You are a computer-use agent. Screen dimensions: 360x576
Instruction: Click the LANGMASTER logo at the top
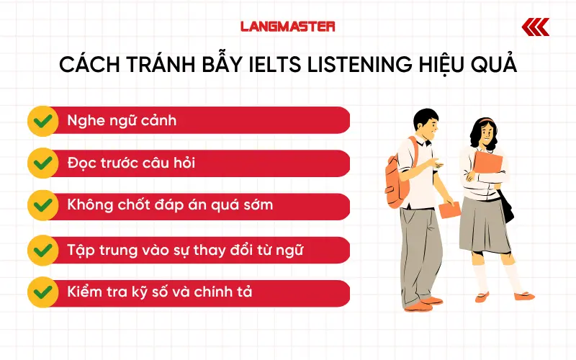(x=287, y=27)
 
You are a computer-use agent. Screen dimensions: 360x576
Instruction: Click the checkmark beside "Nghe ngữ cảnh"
(x=42, y=120)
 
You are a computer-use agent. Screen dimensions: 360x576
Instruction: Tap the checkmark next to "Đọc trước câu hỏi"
(x=42, y=163)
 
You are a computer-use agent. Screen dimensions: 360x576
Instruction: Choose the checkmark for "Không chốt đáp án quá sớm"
(x=42, y=207)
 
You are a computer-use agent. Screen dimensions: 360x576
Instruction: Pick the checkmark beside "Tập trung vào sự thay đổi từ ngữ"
(x=42, y=250)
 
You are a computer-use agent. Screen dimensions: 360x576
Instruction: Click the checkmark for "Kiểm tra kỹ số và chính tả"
(x=42, y=293)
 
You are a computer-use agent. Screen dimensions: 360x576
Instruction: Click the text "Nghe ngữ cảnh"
(x=121, y=120)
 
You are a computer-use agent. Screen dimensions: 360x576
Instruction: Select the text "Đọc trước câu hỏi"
(x=130, y=163)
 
